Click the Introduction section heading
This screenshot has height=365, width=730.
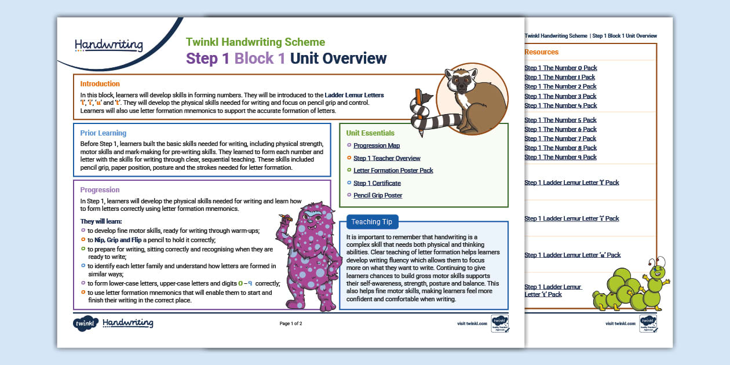coord(100,84)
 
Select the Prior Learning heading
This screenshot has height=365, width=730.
coord(103,133)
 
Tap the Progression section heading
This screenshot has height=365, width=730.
coord(100,190)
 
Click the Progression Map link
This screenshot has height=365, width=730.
coord(377,146)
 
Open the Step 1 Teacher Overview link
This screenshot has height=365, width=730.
coord(387,158)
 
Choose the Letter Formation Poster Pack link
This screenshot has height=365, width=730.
coord(393,171)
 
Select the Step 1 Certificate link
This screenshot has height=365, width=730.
coord(377,183)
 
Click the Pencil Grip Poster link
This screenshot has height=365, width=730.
coord(378,196)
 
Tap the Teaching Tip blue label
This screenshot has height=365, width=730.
coord(371,222)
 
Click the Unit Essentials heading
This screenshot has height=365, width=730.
coord(370,133)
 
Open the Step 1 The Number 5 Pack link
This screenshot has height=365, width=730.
coord(560,121)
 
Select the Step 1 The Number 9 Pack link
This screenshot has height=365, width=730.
coord(560,158)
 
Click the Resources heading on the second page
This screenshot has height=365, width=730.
coord(541,52)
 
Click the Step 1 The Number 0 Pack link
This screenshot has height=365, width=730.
coord(560,68)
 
